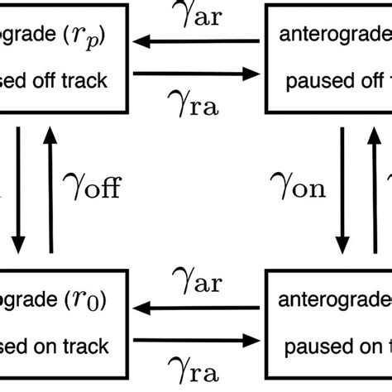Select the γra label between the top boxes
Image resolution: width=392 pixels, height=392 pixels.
[x=195, y=106]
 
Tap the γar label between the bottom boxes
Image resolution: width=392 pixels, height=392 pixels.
[x=195, y=283]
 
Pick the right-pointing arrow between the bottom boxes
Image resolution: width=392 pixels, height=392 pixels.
[x=195, y=339]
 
